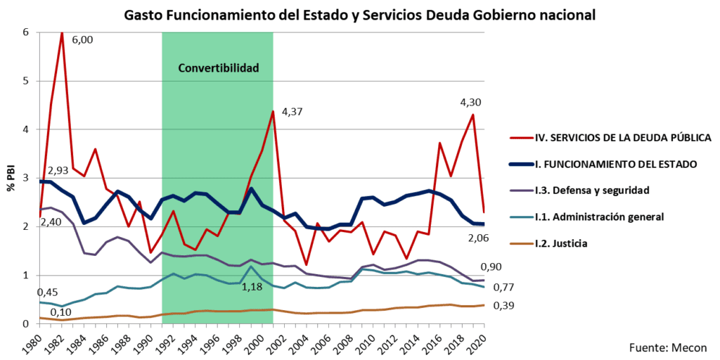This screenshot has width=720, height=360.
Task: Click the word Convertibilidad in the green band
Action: [x=219, y=68]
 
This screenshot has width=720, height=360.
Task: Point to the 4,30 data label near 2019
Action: [x=470, y=101]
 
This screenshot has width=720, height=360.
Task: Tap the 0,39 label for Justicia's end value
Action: [x=504, y=306]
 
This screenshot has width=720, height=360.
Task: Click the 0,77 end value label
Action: [x=504, y=287]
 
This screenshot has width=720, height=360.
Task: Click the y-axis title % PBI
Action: [x=11, y=178]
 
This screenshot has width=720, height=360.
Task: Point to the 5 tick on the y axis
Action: [x=25, y=81]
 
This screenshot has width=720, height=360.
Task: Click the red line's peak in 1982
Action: [x=62, y=33]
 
